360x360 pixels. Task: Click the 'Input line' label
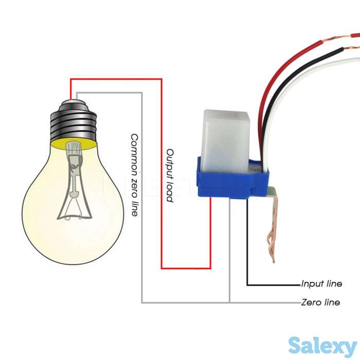[x=321, y=284]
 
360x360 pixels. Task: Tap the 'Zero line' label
[x=320, y=302]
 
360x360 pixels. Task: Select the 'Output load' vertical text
[x=170, y=175]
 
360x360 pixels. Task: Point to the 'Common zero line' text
[x=134, y=175]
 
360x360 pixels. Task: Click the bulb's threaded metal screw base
[x=75, y=121]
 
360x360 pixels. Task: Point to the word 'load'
[x=170, y=192]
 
